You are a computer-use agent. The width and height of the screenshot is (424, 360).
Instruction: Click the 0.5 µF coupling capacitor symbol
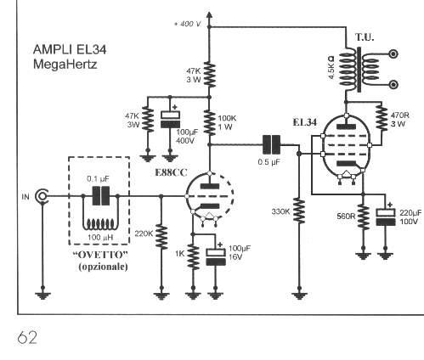[271, 144]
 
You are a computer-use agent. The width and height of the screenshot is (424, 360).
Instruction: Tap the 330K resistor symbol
[299, 211]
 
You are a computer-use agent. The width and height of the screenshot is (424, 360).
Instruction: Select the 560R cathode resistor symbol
[364, 217]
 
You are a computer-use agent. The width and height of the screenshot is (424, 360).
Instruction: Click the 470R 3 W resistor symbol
[382, 118]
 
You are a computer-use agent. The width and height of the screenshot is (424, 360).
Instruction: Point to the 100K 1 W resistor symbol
[210, 122]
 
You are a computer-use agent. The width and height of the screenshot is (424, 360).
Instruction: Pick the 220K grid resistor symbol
[161, 237]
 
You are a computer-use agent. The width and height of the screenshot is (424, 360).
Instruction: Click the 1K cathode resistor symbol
[193, 257]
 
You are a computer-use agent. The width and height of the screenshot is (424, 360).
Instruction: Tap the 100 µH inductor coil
[100, 223]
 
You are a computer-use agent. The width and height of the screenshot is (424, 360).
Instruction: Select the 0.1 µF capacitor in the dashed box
[100, 195]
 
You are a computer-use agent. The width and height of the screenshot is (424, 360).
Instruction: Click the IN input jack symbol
[42, 196]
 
